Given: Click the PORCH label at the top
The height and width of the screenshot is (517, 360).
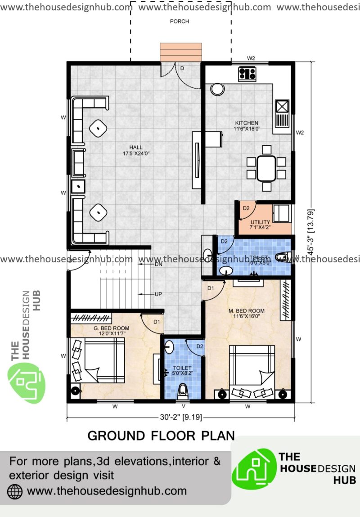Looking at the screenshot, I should coord(179,21).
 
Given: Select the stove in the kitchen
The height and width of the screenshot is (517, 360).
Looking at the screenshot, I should coord(247,73).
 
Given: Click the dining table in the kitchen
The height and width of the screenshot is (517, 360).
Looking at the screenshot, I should coord(267,168).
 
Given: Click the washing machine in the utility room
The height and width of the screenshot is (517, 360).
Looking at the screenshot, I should coord(282,213).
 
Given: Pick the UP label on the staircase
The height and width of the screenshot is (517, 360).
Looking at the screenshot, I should coord(158,294).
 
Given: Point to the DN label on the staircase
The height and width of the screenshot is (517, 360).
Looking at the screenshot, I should coord(158,264).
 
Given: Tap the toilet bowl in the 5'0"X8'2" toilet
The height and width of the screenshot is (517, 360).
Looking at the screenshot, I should coord(182,391).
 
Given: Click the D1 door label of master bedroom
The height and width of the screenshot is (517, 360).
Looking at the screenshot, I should coord(210,288).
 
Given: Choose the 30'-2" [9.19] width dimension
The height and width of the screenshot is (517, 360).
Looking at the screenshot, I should coord(180,417).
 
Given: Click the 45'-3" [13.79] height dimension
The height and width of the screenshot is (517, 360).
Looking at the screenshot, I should coord(310,232).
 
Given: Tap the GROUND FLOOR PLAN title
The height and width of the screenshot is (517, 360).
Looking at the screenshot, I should coord(161,436).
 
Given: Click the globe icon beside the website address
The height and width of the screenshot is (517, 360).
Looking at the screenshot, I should coord(15,491).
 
